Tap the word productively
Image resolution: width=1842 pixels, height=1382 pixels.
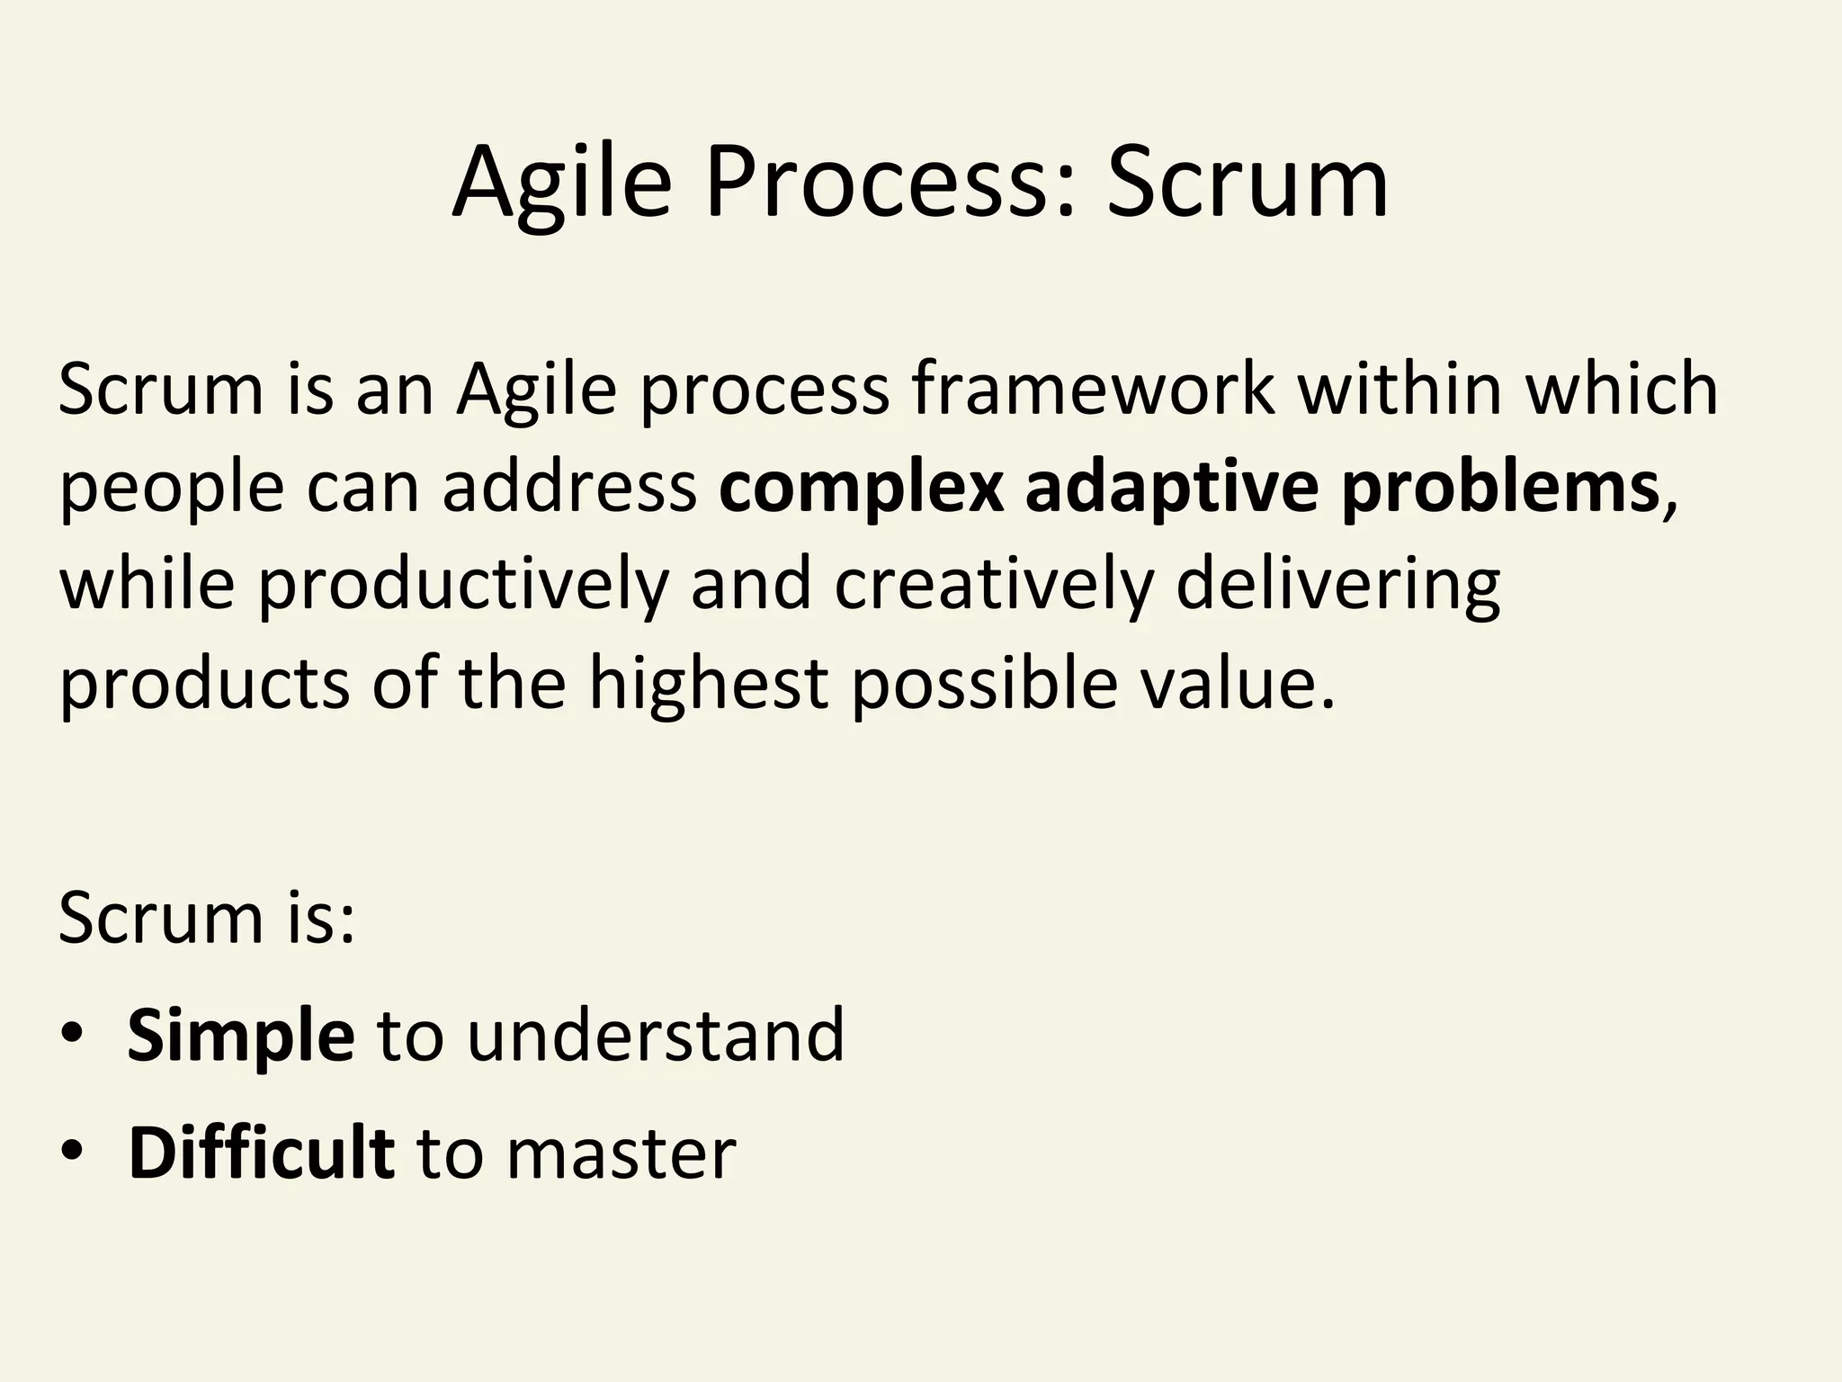point(463,585)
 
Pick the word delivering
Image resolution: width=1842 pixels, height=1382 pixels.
point(1337,585)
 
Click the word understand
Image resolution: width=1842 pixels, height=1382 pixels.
point(656,1035)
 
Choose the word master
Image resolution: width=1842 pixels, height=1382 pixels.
point(621,1154)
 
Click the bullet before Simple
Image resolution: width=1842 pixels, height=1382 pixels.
point(72,1035)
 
